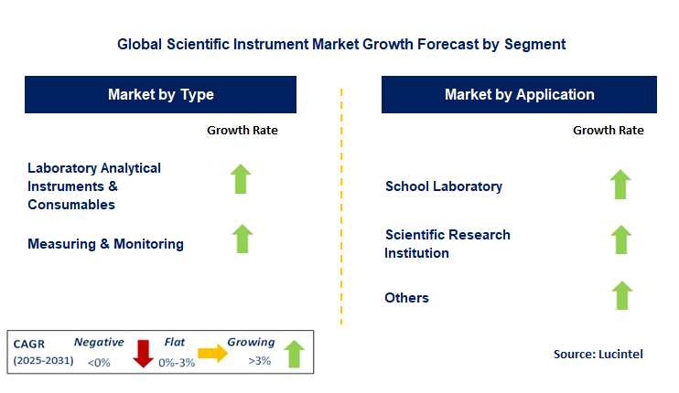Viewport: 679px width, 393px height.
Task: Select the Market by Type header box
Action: [161, 94]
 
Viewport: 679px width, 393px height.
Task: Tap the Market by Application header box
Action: [519, 94]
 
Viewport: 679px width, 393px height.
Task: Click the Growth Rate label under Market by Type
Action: [242, 130]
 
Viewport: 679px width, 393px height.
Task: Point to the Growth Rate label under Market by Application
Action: [608, 130]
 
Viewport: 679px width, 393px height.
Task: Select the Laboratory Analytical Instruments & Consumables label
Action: [94, 186]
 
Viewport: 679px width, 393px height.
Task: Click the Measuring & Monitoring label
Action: [105, 244]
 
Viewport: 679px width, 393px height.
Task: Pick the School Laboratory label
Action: [444, 186]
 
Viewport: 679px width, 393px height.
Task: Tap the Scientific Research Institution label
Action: [447, 244]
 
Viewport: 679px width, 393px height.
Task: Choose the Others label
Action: [407, 298]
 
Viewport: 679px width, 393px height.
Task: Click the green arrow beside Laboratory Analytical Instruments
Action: [242, 179]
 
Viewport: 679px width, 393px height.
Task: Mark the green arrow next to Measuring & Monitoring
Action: [242, 239]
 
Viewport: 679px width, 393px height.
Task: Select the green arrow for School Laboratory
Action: [620, 185]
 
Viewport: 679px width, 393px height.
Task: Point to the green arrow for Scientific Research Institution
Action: [620, 239]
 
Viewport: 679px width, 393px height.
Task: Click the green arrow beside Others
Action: [620, 295]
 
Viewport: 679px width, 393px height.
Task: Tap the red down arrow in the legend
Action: [143, 353]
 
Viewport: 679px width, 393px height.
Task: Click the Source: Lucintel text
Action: [598, 354]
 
